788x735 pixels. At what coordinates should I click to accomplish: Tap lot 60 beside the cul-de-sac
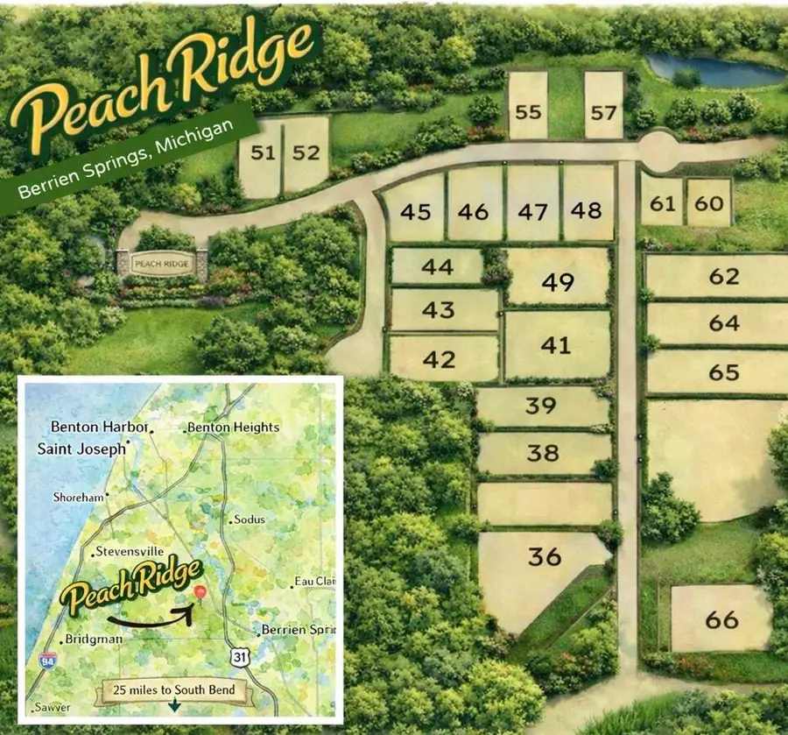pos(709,202)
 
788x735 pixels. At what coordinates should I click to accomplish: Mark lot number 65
pos(724,371)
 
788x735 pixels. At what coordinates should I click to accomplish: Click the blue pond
pos(714,70)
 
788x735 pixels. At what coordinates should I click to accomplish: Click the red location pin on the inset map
pos(200,594)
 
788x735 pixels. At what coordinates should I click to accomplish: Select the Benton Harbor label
pos(99,427)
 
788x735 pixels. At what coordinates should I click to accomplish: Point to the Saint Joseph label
pos(81,449)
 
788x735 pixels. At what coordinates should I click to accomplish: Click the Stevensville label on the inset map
pos(129,552)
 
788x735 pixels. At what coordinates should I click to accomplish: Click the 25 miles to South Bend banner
pos(174,689)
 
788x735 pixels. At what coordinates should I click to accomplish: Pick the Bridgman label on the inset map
pos(95,639)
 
